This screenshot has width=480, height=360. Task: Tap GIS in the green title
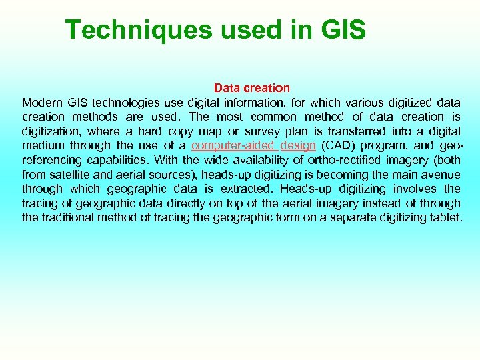[343, 30]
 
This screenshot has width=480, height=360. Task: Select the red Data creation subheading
[252, 88]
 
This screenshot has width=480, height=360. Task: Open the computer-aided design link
[253, 146]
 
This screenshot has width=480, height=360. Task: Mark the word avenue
[441, 175]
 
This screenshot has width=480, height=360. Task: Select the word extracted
[247, 189]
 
